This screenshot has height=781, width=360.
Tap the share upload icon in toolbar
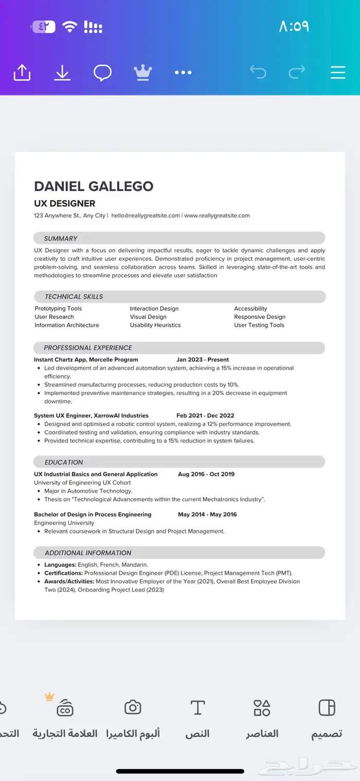coord(22,73)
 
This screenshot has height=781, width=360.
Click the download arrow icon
coord(62,73)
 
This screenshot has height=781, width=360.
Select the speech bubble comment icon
coord(102,73)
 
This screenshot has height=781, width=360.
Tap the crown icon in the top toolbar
coord(142,73)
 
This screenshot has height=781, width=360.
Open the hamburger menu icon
coord(338,73)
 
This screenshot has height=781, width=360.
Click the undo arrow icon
coord(258,72)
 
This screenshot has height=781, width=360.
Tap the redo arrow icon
coord(297,72)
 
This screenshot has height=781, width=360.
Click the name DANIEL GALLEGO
coord(94,186)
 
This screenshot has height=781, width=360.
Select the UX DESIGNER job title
coord(64,203)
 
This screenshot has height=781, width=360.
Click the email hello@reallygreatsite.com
coord(146,216)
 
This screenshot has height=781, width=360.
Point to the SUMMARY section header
coord(61,238)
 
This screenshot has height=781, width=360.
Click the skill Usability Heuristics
coord(155,325)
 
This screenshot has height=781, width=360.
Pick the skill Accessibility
coord(250,309)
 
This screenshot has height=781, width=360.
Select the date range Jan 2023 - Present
coord(203,360)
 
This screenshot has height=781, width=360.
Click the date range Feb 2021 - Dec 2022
coord(205,416)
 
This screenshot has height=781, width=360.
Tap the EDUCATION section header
coord(64,462)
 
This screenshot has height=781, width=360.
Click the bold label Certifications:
coord(63,573)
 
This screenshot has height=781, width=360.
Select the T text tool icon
coord(197,707)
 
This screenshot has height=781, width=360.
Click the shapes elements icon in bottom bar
coord(262,707)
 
